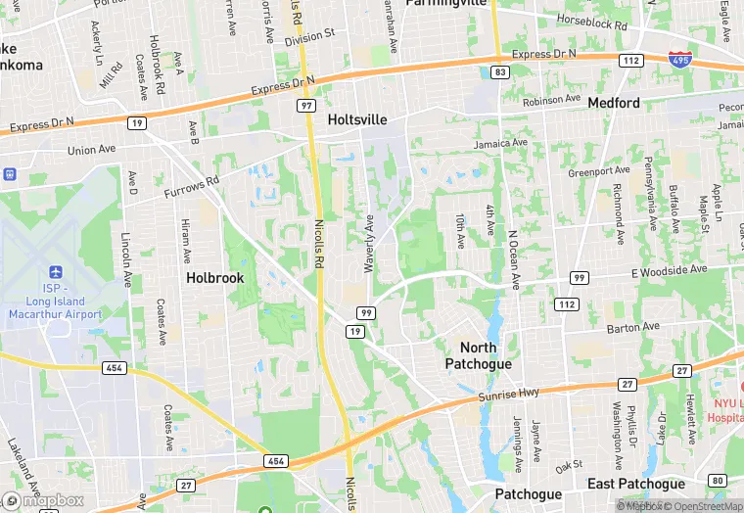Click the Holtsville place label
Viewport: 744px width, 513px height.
(x=357, y=119)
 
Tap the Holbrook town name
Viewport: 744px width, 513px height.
(x=214, y=278)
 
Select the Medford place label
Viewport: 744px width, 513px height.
(x=614, y=103)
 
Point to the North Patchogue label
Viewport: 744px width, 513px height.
(x=478, y=355)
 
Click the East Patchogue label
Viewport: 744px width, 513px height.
(x=636, y=484)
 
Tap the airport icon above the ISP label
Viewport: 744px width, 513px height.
(x=54, y=271)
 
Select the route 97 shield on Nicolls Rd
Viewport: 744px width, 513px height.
(x=307, y=105)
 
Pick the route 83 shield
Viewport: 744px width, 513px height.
(x=500, y=72)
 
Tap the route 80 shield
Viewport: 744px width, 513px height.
(x=718, y=481)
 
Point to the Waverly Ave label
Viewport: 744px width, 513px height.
(x=369, y=244)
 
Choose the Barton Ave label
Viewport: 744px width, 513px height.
(x=632, y=326)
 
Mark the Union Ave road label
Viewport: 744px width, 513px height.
(x=91, y=150)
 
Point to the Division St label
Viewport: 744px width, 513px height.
(x=309, y=38)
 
